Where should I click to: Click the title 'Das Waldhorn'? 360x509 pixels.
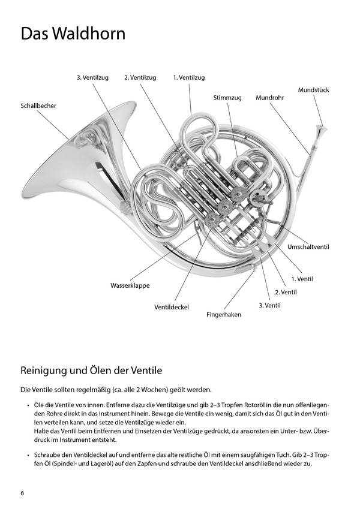pos(73,34)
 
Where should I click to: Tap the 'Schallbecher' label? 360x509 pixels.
pos(38,106)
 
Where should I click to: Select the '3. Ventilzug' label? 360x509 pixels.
pos(91,77)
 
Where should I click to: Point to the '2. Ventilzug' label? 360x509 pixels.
pos(140,77)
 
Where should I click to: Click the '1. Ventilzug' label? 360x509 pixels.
pos(188,77)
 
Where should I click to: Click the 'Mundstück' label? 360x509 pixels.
pos(313,90)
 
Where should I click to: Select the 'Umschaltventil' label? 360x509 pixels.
pos(308,247)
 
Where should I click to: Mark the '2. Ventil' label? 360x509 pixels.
pos(286,292)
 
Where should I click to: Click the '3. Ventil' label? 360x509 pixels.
pos(270,305)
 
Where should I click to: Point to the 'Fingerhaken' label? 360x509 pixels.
pos(224,314)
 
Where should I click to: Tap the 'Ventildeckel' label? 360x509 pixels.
pos(172,307)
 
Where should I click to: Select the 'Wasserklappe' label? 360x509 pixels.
pos(130,285)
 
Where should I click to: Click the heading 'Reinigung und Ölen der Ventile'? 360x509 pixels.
pos(91,370)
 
